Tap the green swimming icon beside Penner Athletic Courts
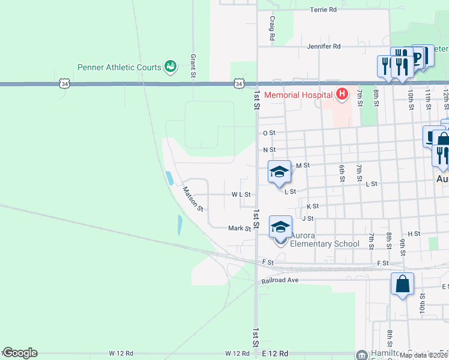pyautogui.click(x=170, y=66)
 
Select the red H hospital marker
pyautogui.click(x=342, y=94)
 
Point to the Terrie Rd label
pyautogui.click(x=323, y=10)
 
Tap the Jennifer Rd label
pyautogui.click(x=324, y=46)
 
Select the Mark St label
pyautogui.click(x=239, y=229)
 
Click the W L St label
pyautogui.click(x=241, y=195)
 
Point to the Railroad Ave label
pyautogui.click(x=280, y=280)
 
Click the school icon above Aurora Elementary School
pyautogui.click(x=280, y=227)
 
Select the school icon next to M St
pyautogui.click(x=279, y=173)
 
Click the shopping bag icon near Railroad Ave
pyautogui.click(x=402, y=284)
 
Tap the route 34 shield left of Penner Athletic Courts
pyautogui.click(x=64, y=84)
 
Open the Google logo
pyautogui.click(x=20, y=353)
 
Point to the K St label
pyautogui.click(x=312, y=206)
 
